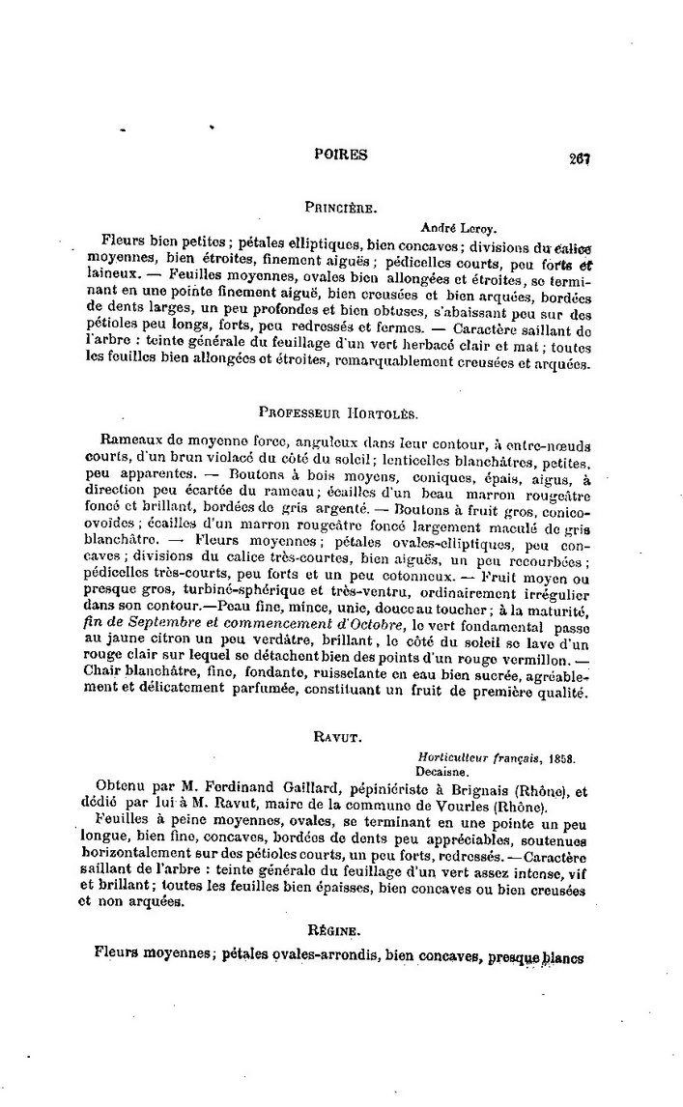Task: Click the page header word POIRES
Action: point(341,155)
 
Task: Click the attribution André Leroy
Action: point(459,228)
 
